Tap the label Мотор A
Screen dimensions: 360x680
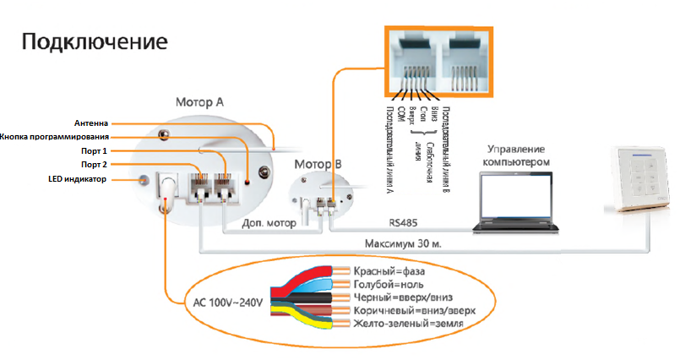click(x=199, y=101)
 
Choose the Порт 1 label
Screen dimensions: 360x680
click(x=95, y=150)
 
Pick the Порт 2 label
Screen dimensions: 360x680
click(x=95, y=164)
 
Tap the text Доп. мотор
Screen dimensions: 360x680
click(x=269, y=225)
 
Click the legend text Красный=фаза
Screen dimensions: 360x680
click(x=389, y=271)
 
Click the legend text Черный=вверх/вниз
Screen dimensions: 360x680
click(x=406, y=297)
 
